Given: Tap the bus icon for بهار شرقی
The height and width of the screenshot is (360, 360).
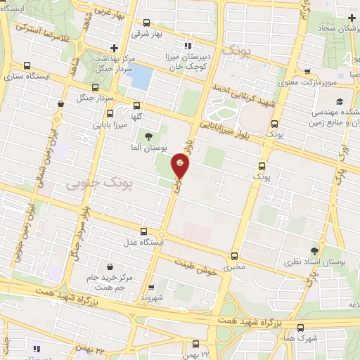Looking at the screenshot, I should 146,22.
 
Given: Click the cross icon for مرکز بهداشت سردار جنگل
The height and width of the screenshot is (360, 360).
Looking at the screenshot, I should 115,48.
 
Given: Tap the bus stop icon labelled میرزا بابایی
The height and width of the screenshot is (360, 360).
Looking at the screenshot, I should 109,113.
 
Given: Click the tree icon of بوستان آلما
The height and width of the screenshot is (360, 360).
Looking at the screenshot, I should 148,136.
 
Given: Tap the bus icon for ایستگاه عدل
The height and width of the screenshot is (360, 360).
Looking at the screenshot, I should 143,231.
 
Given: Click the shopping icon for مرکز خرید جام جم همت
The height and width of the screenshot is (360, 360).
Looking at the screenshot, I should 111,266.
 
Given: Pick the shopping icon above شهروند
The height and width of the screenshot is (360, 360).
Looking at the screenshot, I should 151,287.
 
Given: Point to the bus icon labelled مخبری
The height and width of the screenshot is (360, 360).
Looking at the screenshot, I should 234,256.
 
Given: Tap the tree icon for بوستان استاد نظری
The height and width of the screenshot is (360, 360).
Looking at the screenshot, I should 314,251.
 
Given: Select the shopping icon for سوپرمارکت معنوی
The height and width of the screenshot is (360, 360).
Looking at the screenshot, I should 307,71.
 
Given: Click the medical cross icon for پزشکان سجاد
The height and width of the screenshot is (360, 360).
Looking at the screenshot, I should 351,17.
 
